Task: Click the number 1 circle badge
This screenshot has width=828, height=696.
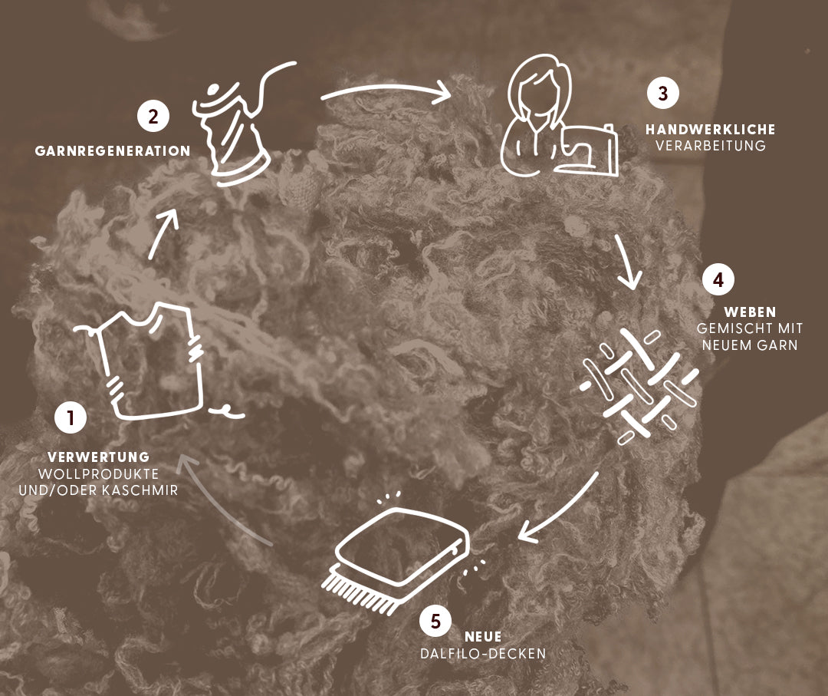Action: [71, 417]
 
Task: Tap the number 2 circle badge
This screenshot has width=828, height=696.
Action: [153, 117]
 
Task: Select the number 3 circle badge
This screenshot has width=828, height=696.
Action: [663, 93]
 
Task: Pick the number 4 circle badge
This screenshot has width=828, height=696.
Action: [718, 279]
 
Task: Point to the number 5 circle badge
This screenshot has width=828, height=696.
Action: [435, 621]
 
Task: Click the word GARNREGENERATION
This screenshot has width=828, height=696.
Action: [113, 151]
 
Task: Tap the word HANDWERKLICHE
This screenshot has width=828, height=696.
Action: [710, 130]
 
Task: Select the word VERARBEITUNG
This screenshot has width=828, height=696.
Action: [711, 146]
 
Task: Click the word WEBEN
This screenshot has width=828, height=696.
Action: [750, 312]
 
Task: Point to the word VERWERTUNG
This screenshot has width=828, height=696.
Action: [99, 457]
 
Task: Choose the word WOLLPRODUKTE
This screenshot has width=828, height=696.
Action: [99, 473]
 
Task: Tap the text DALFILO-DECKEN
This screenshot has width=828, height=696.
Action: [483, 654]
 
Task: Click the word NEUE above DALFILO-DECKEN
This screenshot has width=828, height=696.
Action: [483, 637]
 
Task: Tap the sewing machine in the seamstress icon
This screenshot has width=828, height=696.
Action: [586, 150]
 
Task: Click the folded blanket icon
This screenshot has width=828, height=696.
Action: [396, 555]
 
